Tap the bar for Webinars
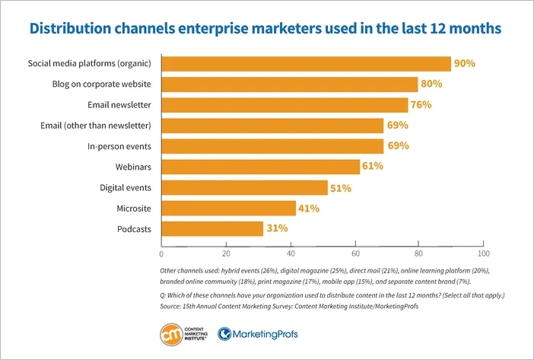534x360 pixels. click(260, 167)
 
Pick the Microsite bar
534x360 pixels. click(228, 208)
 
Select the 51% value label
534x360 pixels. click(339, 187)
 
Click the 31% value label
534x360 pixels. click(275, 228)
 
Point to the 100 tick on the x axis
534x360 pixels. click(482, 253)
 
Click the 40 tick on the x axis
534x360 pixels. click(290, 253)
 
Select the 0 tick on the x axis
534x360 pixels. click(161, 253)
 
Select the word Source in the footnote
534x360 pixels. click(172, 305)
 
